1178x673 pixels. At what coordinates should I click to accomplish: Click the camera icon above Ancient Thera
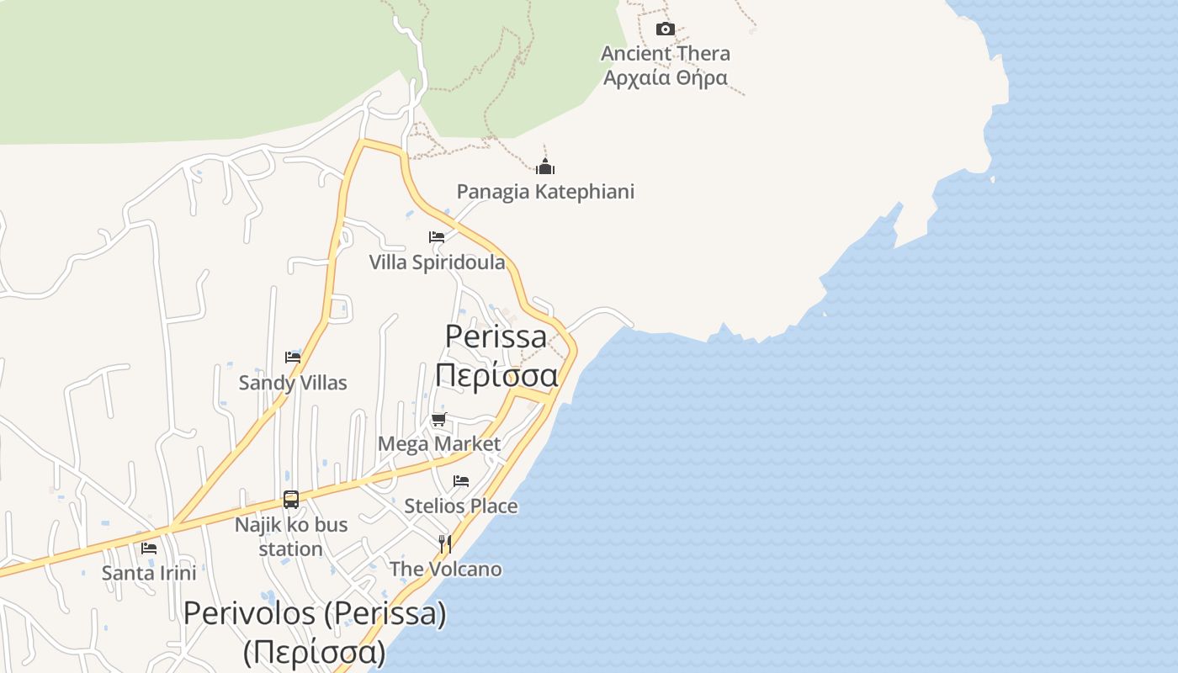[665, 29]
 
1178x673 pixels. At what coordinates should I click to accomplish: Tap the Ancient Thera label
[665, 54]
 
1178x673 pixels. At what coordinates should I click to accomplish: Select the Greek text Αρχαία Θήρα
[665, 78]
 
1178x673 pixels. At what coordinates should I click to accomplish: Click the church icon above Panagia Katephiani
[545, 167]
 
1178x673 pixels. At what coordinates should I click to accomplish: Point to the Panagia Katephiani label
[545, 192]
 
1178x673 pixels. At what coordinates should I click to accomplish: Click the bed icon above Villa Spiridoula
[436, 237]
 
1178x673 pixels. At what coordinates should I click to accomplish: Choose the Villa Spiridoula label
[437, 262]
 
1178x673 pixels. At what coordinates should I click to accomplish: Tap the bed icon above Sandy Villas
[293, 358]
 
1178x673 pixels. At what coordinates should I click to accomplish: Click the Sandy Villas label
[293, 383]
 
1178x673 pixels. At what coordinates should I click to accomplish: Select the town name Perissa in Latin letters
[496, 336]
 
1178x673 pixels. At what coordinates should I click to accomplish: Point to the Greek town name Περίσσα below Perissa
[496, 374]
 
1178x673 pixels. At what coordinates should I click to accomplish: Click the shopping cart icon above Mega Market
[438, 419]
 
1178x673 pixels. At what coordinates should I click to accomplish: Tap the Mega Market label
[439, 443]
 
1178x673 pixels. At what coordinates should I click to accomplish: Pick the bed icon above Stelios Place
[461, 481]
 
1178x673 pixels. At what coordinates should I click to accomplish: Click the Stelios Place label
[461, 506]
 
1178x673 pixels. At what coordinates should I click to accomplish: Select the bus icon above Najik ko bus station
[291, 500]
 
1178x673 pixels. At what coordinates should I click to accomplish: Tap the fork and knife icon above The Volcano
[445, 544]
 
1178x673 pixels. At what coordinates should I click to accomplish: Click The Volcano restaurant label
[445, 570]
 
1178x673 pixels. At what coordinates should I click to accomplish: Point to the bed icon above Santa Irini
[149, 548]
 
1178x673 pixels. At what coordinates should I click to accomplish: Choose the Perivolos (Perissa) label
[315, 613]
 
